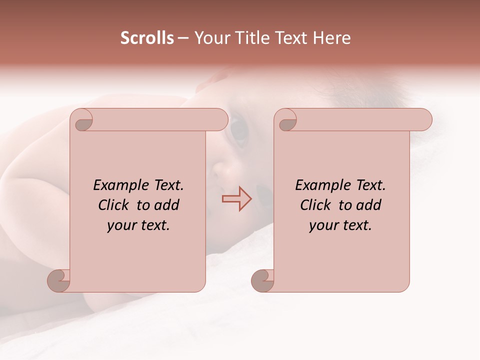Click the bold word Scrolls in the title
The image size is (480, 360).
click(147, 38)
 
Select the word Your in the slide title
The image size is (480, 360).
click(211, 38)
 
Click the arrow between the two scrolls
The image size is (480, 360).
click(236, 198)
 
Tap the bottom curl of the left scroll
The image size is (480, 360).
click(59, 280)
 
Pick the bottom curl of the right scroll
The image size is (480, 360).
click(262, 280)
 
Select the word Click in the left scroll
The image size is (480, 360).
click(114, 205)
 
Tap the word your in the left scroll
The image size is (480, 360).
click(120, 226)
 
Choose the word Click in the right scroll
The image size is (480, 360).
click(316, 205)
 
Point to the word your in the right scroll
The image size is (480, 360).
click(322, 226)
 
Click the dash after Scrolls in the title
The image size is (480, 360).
click(183, 38)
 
